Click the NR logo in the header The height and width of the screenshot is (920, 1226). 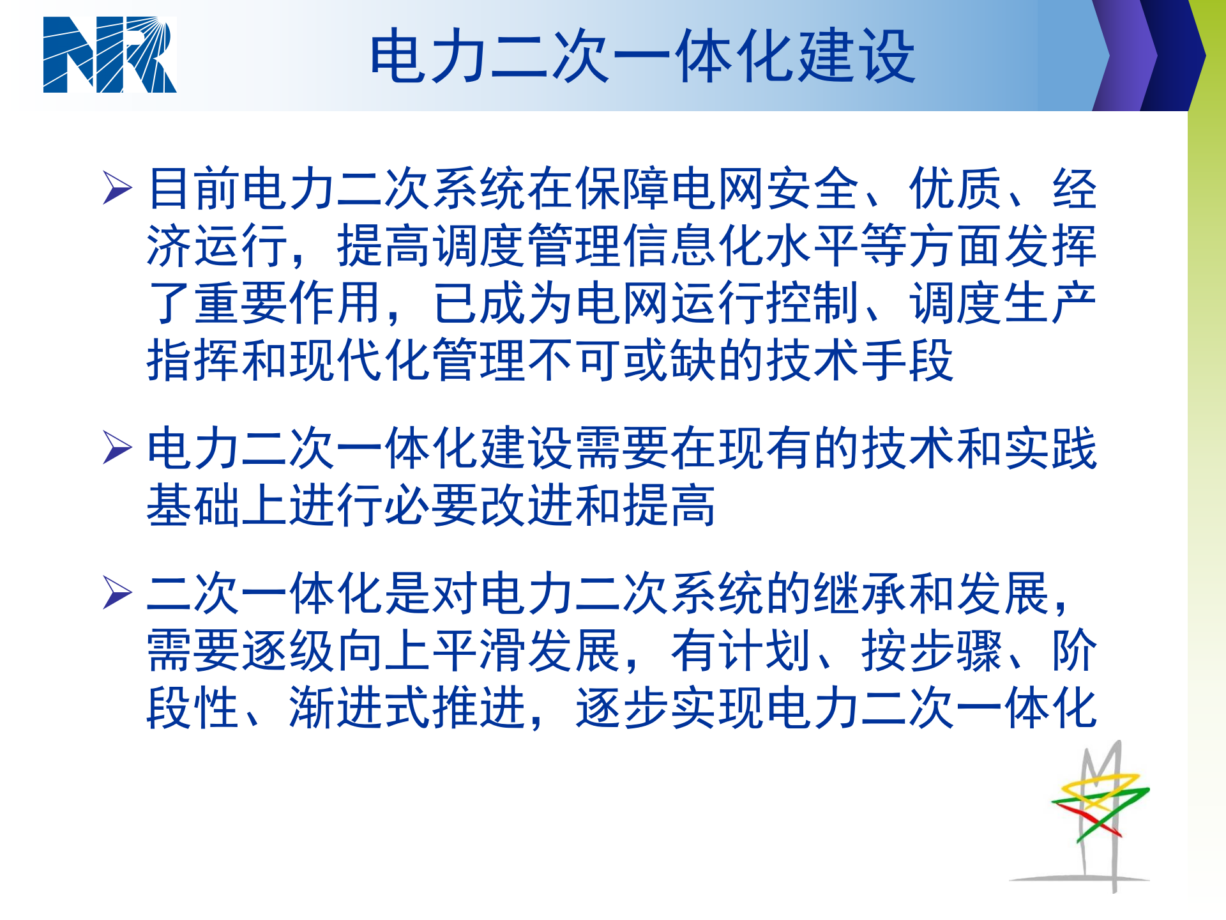(x=109, y=55)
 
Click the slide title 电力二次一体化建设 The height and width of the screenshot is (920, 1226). (x=642, y=57)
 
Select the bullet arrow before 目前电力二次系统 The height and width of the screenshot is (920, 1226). (x=117, y=188)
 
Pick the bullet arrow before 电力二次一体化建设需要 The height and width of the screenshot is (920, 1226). (x=117, y=447)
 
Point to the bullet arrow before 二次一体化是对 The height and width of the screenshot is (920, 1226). (x=117, y=593)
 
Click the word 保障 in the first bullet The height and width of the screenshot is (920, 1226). (x=623, y=189)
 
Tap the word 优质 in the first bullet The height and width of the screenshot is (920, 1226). (x=955, y=189)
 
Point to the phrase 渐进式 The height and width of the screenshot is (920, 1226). (x=361, y=708)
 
